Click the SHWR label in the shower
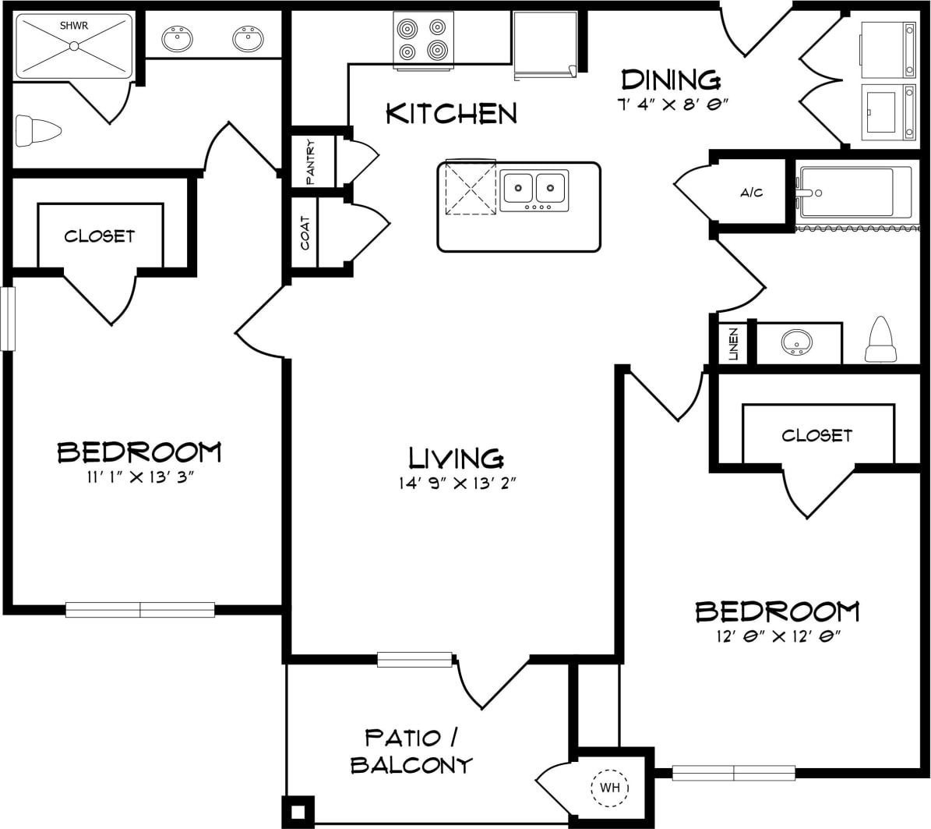(74, 26)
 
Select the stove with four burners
(423, 39)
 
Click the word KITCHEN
(451, 114)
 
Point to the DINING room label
(671, 80)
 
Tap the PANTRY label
(310, 161)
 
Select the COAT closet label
(305, 233)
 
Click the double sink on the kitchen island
(534, 188)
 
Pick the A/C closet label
(751, 193)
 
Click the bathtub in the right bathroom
(853, 193)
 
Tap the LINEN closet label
(733, 344)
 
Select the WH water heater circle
(610, 788)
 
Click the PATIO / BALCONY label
(411, 750)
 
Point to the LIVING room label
(456, 457)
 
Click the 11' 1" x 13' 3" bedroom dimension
(139, 477)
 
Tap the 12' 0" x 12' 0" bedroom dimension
(777, 636)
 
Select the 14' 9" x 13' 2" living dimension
(457, 483)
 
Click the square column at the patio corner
(297, 811)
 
